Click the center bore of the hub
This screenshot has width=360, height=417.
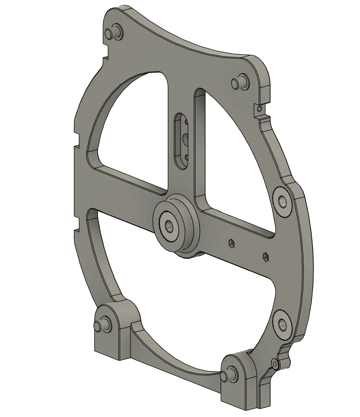coord(168,226)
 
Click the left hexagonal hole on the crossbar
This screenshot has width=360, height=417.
coord(230,244)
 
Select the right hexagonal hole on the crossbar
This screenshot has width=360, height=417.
coord(266,257)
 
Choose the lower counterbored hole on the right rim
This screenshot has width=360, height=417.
coord(282,323)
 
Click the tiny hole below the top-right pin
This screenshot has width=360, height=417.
coord(258,109)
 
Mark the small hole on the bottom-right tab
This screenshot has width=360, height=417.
coord(276,364)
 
